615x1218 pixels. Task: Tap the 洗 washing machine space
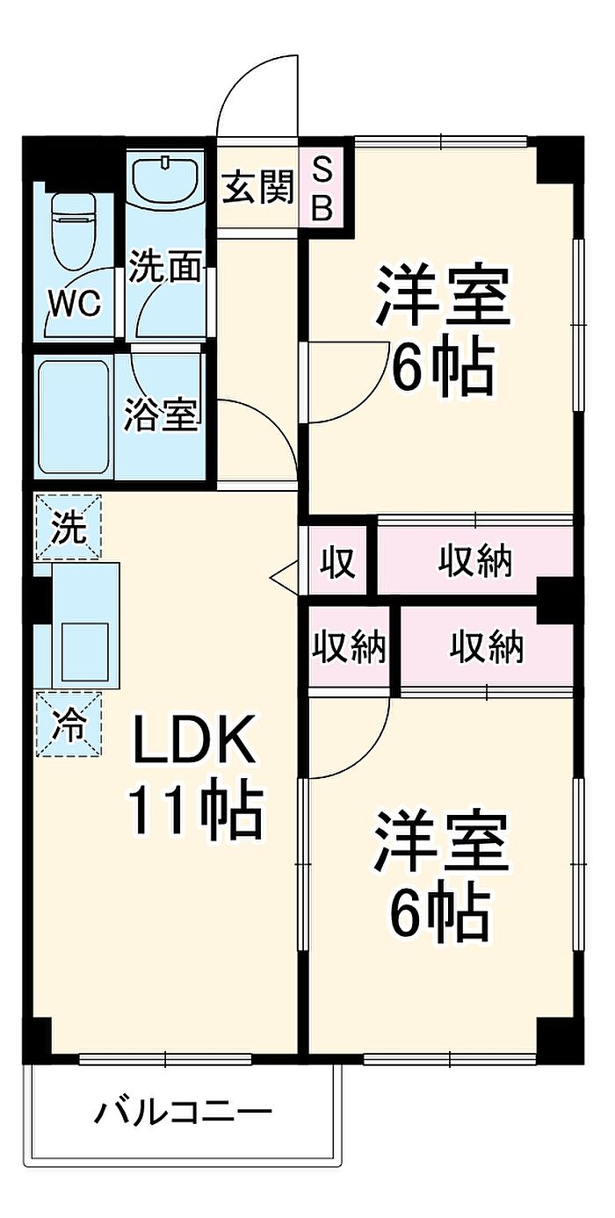68,526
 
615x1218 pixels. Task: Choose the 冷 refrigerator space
69,724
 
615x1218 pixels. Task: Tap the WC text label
76,304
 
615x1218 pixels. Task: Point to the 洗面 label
164,266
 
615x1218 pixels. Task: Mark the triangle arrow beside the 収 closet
284,574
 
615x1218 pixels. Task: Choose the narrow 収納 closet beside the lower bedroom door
350,646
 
